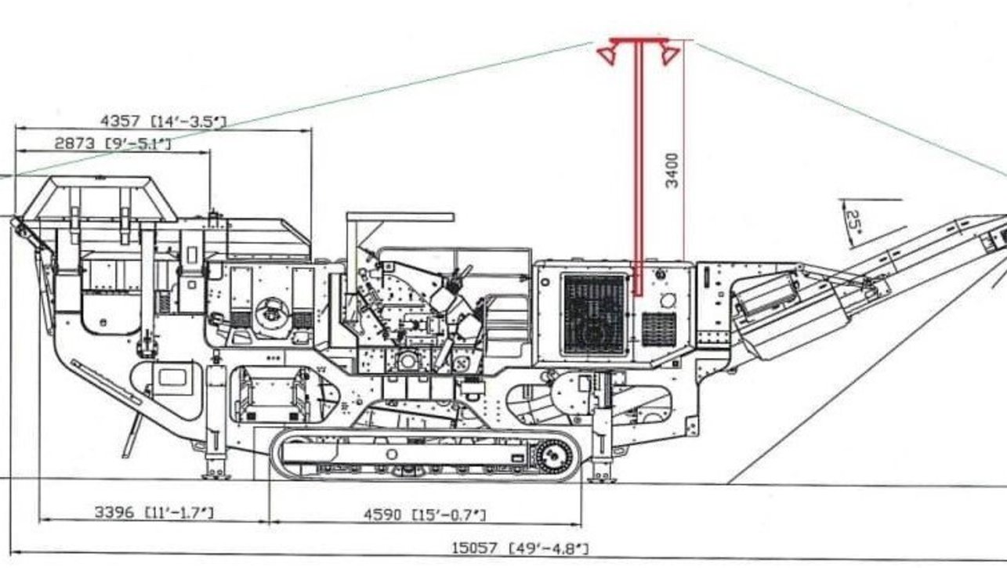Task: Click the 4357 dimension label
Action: click(x=120, y=121)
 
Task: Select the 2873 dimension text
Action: click(x=74, y=143)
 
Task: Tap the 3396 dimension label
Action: click(x=114, y=512)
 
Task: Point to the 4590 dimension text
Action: click(x=382, y=515)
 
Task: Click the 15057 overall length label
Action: click(x=475, y=548)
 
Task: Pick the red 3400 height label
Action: click(x=672, y=171)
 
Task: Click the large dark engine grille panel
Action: click(x=594, y=315)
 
